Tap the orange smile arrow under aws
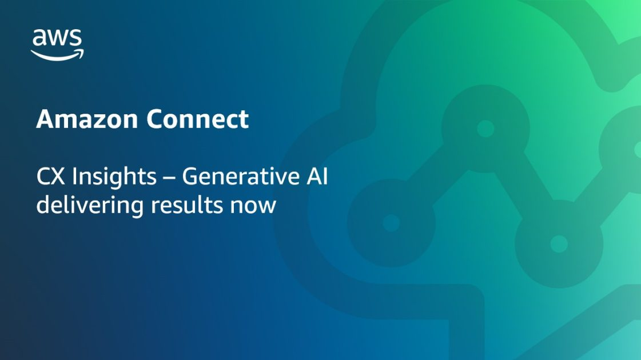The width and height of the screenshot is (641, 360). coord(57,55)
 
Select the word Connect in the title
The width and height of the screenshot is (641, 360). coord(197,119)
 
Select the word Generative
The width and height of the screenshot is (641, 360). coord(239,177)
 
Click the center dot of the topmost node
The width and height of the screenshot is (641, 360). coord(485,129)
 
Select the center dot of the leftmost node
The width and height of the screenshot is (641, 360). coord(391,222)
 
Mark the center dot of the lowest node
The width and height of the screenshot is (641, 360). coord(559,244)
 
